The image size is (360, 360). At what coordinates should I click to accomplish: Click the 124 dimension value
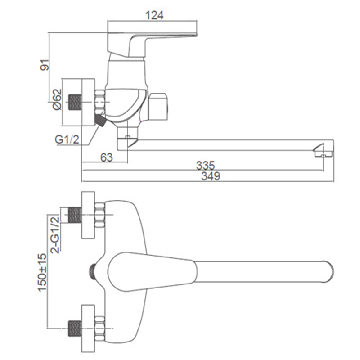[154, 15]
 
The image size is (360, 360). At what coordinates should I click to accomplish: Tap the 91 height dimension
[45, 65]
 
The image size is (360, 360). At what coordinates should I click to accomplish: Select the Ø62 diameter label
[57, 99]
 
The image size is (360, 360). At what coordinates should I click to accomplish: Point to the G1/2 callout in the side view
[67, 139]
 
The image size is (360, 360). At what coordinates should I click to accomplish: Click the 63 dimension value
[107, 157]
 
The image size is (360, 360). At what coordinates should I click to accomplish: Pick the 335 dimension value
[206, 165]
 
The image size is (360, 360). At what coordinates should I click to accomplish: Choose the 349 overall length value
[211, 176]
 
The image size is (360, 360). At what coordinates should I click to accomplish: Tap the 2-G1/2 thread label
[55, 235]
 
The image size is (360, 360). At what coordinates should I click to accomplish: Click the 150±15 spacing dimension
[42, 273]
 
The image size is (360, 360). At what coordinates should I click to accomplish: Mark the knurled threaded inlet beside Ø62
[75, 102]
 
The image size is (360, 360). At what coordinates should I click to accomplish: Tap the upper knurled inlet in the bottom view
[75, 215]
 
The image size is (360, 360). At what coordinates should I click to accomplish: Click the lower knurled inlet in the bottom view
[75, 328]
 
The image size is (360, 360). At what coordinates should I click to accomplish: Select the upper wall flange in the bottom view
[88, 215]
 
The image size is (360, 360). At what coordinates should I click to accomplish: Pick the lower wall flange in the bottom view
[88, 328]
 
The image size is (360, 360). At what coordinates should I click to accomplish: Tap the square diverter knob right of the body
[157, 107]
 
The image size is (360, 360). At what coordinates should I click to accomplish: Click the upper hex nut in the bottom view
[99, 215]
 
